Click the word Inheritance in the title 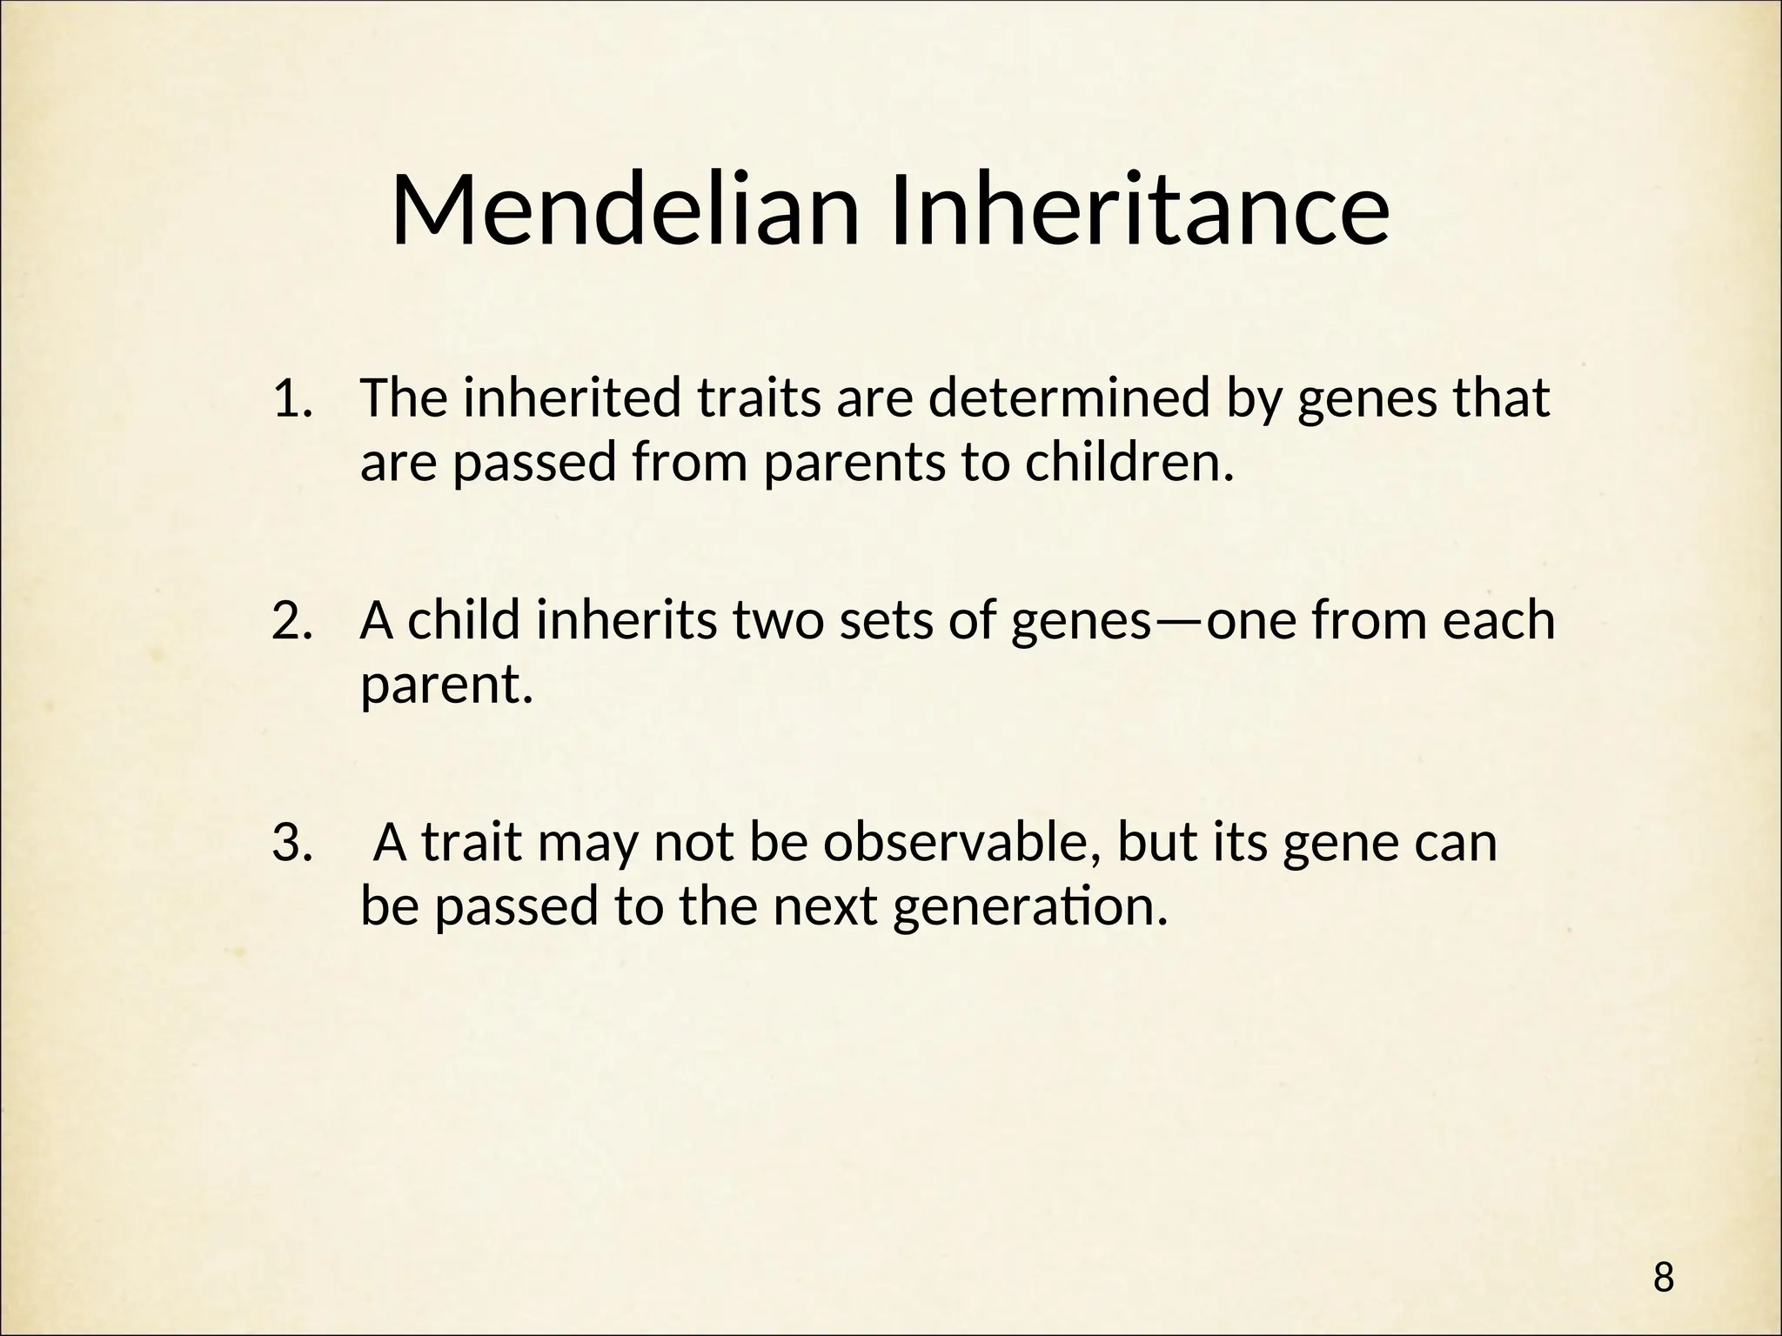tap(1138, 211)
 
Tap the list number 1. tap(292, 399)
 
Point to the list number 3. tap(292, 843)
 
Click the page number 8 tap(1663, 1254)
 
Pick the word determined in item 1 tap(1069, 399)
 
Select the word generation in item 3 tap(1029, 908)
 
